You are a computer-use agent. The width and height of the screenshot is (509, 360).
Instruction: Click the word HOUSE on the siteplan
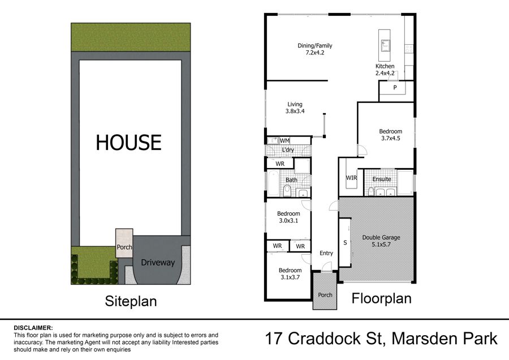[x=128, y=142]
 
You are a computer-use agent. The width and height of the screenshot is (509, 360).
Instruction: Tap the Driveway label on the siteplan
[x=158, y=263]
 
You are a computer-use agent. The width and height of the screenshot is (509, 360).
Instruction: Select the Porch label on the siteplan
[x=124, y=247]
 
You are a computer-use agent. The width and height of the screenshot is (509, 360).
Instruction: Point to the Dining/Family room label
[x=315, y=49]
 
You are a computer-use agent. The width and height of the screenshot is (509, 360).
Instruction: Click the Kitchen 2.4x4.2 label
[x=385, y=70]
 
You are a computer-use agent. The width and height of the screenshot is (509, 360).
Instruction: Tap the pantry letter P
[x=395, y=87]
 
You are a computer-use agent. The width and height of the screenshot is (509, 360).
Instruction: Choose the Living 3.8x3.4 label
[x=295, y=108]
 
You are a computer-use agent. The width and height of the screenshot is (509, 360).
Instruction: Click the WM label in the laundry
[x=284, y=141]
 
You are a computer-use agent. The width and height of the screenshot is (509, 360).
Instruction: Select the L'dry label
[x=288, y=150]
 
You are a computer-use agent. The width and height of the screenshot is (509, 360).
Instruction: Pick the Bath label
[x=291, y=180]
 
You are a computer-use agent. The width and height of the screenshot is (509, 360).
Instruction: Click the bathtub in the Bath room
[x=273, y=183]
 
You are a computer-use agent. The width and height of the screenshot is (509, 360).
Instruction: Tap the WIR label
[x=351, y=178]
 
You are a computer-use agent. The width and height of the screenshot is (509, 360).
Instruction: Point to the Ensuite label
[x=382, y=179]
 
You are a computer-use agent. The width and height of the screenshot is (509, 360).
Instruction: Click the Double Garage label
[x=381, y=241]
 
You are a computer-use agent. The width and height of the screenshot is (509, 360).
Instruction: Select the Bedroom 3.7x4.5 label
[x=390, y=135]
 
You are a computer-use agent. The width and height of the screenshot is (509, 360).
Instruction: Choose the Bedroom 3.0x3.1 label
[x=288, y=217]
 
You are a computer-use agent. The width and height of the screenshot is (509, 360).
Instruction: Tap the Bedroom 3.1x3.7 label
[x=290, y=273]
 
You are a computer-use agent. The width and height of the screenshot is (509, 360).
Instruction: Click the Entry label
[x=326, y=253]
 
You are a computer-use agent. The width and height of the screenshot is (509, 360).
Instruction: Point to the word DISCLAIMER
[x=33, y=328]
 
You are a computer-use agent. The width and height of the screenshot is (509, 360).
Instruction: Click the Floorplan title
[x=381, y=298]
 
